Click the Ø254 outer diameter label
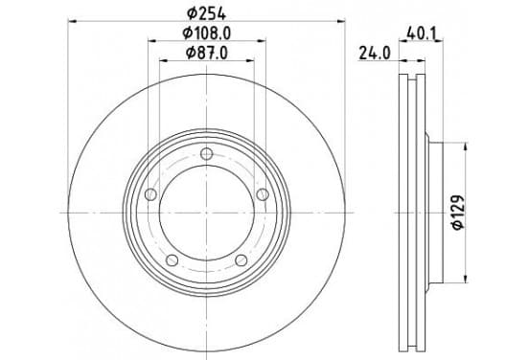[x=206, y=13]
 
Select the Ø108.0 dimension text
[x=206, y=34]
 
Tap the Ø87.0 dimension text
[x=206, y=53]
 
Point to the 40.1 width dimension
[x=422, y=34]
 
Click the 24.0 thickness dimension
[x=375, y=54]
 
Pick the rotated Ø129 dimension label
[x=458, y=213]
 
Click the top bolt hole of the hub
[x=206, y=154]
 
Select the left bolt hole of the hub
[x=150, y=194]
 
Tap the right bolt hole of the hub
[x=263, y=194]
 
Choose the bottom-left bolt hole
[x=172, y=260]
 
